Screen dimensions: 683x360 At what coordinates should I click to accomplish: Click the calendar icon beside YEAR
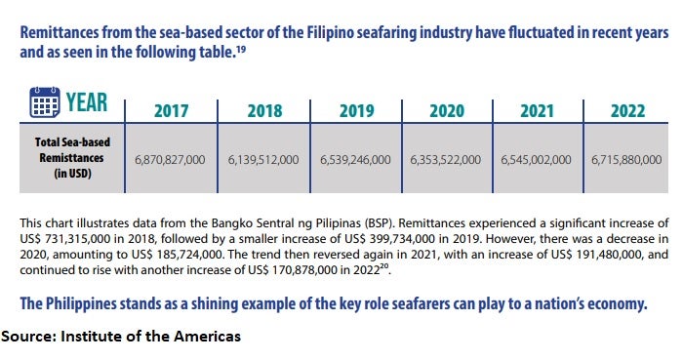coord(45,102)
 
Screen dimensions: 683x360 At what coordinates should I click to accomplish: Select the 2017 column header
coord(171,111)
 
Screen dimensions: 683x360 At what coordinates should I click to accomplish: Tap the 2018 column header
coord(264,111)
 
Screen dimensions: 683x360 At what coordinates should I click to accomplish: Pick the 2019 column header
coord(357,111)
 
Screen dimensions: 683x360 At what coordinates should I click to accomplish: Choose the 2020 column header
coord(447,111)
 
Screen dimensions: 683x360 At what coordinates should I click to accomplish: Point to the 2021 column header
coord(537,111)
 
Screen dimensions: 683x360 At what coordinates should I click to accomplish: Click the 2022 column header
coord(627,111)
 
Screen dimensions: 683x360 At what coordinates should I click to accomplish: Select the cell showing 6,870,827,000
coord(170,160)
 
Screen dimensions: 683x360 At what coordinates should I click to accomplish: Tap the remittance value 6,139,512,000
coord(263,160)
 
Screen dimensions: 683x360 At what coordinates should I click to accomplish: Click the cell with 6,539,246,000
coord(355,160)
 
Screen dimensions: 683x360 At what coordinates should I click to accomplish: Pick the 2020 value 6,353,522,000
coord(446,160)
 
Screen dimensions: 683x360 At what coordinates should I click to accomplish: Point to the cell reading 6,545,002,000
coord(537,160)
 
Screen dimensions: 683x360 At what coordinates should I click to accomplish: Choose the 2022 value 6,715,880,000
coord(626,160)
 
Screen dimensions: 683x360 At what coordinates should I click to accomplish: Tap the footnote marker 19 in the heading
coord(241,49)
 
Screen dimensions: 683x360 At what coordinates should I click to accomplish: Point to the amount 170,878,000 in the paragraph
coord(304,270)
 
